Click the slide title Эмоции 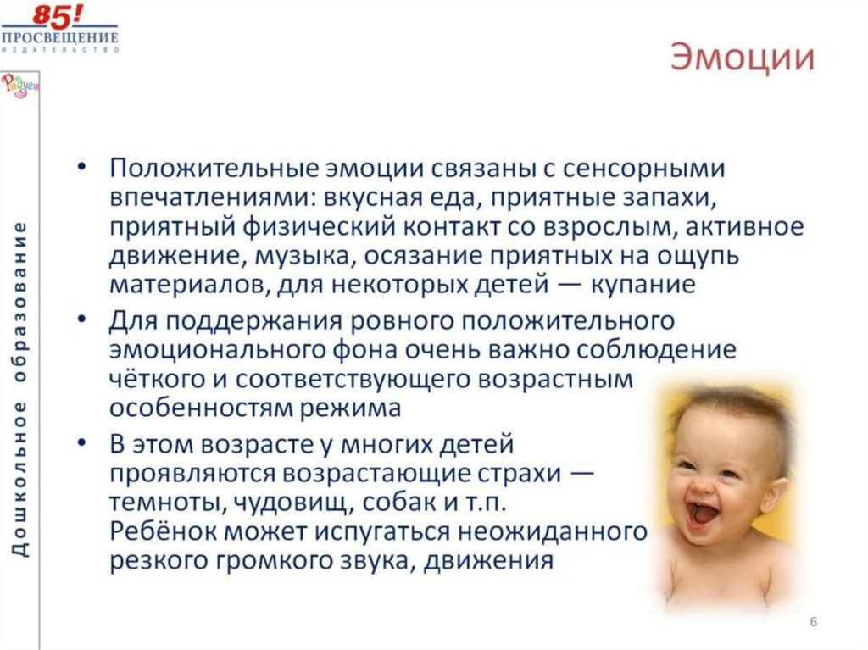743,60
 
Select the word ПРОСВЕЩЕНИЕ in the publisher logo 59,37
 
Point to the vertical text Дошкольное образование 19,389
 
